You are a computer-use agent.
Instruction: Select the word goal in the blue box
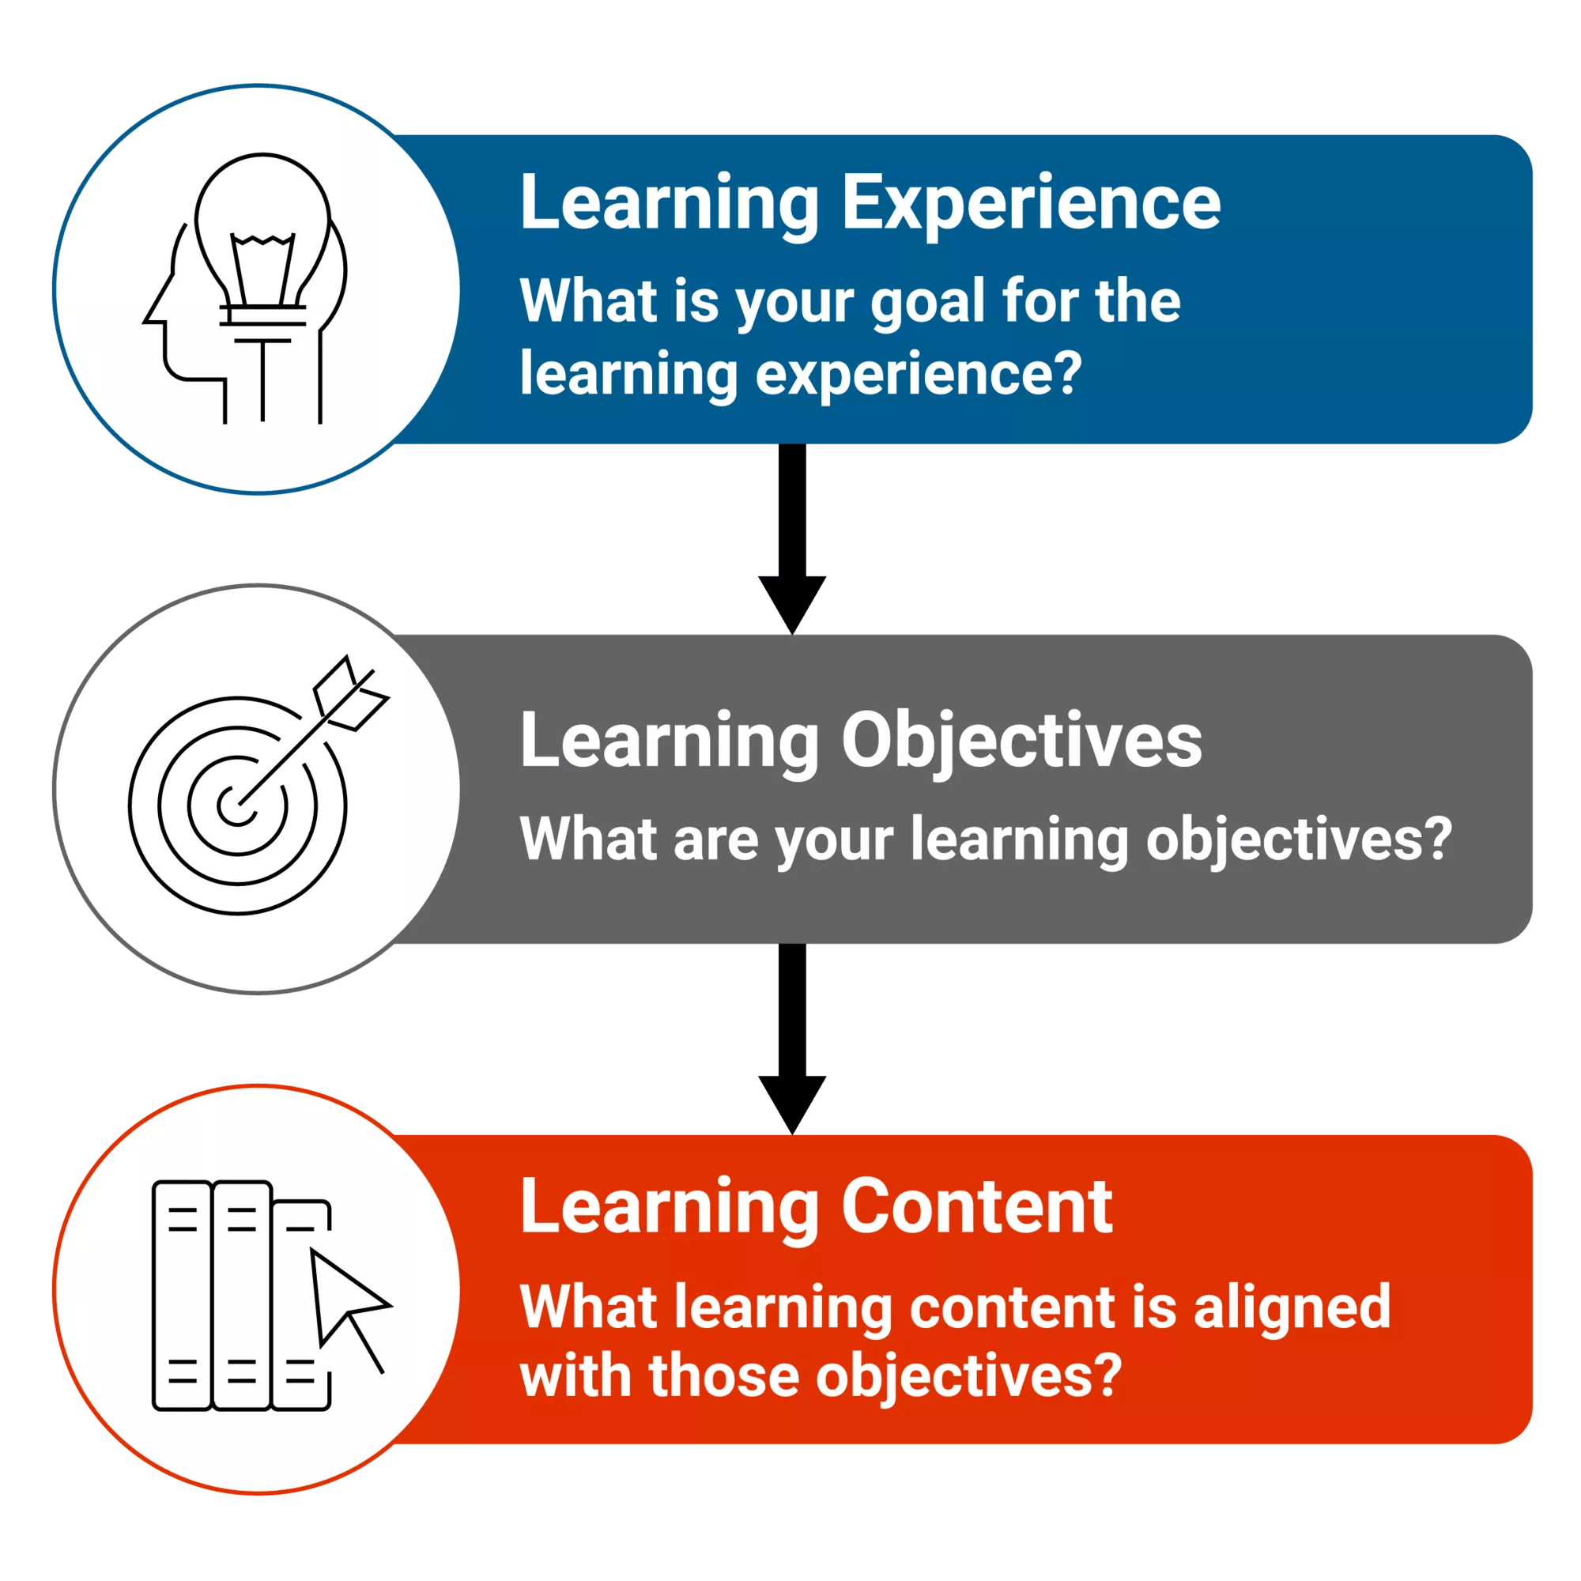tap(926, 302)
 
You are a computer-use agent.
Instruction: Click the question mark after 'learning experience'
tap(1066, 373)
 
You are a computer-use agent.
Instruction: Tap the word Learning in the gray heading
tap(669, 741)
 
